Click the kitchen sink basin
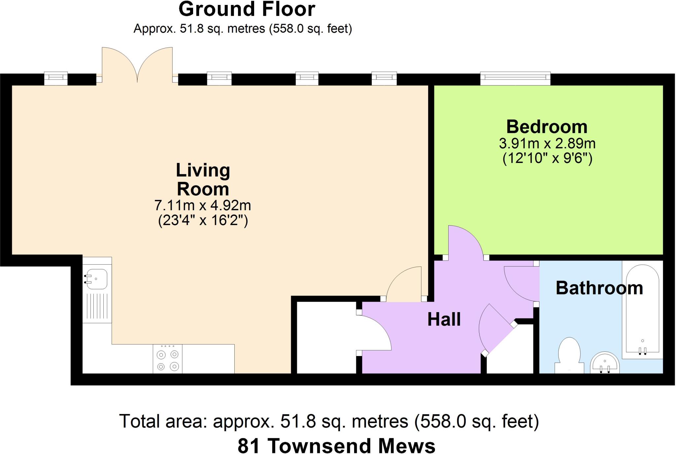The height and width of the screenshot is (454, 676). click(96, 279)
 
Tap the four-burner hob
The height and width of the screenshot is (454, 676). click(168, 359)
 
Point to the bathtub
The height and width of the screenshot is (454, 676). click(643, 310)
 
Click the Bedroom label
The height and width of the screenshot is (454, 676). click(547, 127)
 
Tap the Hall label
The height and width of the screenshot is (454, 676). click(444, 319)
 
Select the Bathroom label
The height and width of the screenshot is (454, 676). click(599, 288)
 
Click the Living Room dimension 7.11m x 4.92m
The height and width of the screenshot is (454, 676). click(203, 205)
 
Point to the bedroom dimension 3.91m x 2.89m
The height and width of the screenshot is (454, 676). click(547, 144)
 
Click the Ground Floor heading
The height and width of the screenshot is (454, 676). click(247, 9)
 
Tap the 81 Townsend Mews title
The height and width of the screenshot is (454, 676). click(336, 446)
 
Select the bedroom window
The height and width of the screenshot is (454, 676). click(515, 78)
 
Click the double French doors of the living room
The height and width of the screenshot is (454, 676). click(137, 65)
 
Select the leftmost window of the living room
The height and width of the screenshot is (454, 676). click(56, 79)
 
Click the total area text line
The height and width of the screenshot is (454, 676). click(329, 421)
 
